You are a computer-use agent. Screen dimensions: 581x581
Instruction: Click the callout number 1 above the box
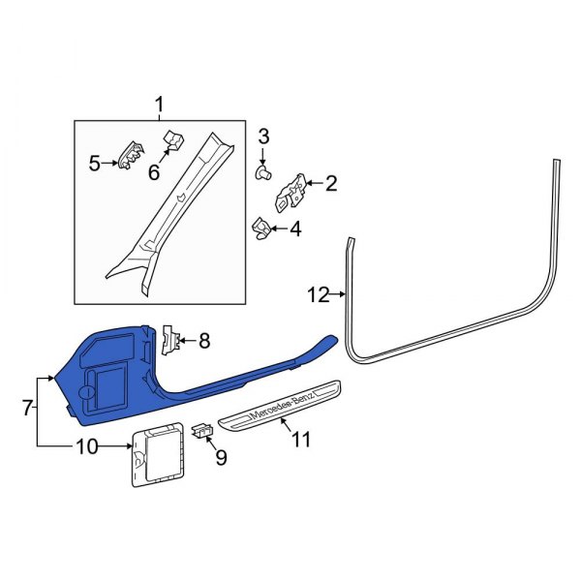click(159, 105)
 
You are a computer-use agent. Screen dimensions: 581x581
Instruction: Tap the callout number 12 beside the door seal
click(319, 295)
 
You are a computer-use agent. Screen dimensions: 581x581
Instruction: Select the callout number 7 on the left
click(27, 408)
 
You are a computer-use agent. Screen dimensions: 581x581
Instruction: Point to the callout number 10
click(87, 446)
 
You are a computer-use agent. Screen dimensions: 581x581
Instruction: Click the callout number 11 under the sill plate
click(301, 440)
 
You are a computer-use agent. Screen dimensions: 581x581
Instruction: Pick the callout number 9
click(221, 458)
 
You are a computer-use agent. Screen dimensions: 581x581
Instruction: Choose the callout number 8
click(204, 341)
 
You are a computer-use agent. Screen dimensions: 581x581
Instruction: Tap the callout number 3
click(263, 137)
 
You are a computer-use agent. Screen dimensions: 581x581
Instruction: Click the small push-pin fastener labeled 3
click(263, 172)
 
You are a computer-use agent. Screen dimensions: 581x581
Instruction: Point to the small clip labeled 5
click(131, 156)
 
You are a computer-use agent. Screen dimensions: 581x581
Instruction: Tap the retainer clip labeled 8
click(171, 340)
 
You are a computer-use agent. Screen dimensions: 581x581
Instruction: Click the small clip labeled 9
click(202, 430)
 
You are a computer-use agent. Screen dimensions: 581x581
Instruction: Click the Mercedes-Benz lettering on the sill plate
click(283, 406)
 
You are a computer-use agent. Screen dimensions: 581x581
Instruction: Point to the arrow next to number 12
click(337, 294)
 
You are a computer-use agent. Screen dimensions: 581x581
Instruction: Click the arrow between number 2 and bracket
click(314, 183)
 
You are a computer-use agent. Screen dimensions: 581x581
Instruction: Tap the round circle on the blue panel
click(87, 392)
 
